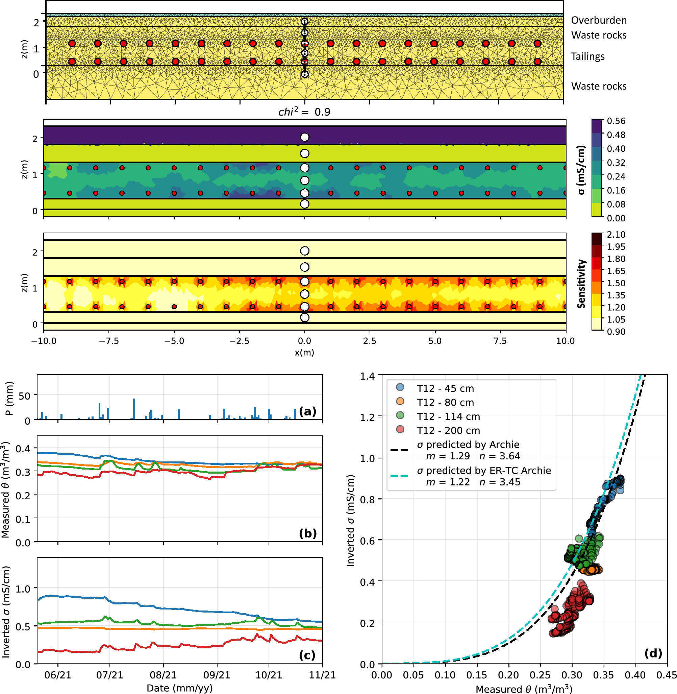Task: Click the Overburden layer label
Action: (599, 20)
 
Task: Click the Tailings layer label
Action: (588, 56)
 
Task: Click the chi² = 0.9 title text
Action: (304, 112)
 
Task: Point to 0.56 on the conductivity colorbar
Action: (616, 121)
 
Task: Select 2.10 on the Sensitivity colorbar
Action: (616, 234)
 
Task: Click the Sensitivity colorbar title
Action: (581, 284)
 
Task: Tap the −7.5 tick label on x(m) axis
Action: (109, 341)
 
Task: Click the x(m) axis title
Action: (304, 353)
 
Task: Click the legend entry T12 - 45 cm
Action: (445, 388)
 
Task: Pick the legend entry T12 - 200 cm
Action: (448, 430)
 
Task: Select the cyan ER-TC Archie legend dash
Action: (399, 476)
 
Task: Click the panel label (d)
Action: (653, 653)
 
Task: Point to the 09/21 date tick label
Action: (217, 675)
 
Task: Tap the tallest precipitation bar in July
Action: (134, 409)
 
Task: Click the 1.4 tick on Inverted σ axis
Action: (367, 376)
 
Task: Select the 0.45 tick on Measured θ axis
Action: (666, 675)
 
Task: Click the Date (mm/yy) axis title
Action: (180, 688)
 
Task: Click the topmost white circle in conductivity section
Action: (305, 137)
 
